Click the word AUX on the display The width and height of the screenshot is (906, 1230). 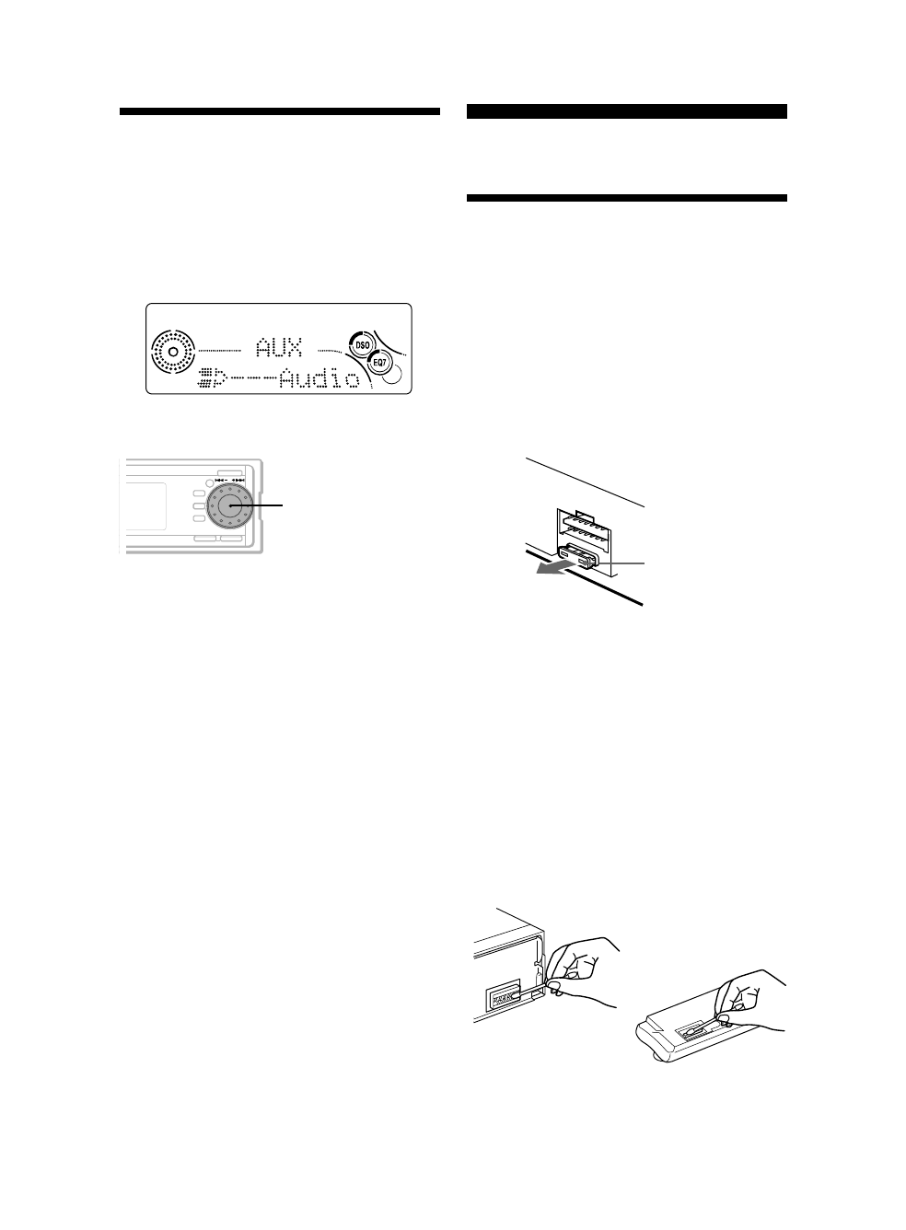point(279,350)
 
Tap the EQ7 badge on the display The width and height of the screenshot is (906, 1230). point(379,364)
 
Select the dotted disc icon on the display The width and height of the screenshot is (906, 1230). point(172,352)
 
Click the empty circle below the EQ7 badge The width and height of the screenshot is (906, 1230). point(392,374)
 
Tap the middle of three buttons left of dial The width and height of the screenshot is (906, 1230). point(197,505)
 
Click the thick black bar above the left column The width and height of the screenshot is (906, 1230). point(279,112)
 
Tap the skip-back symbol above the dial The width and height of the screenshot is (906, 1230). point(221,479)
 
